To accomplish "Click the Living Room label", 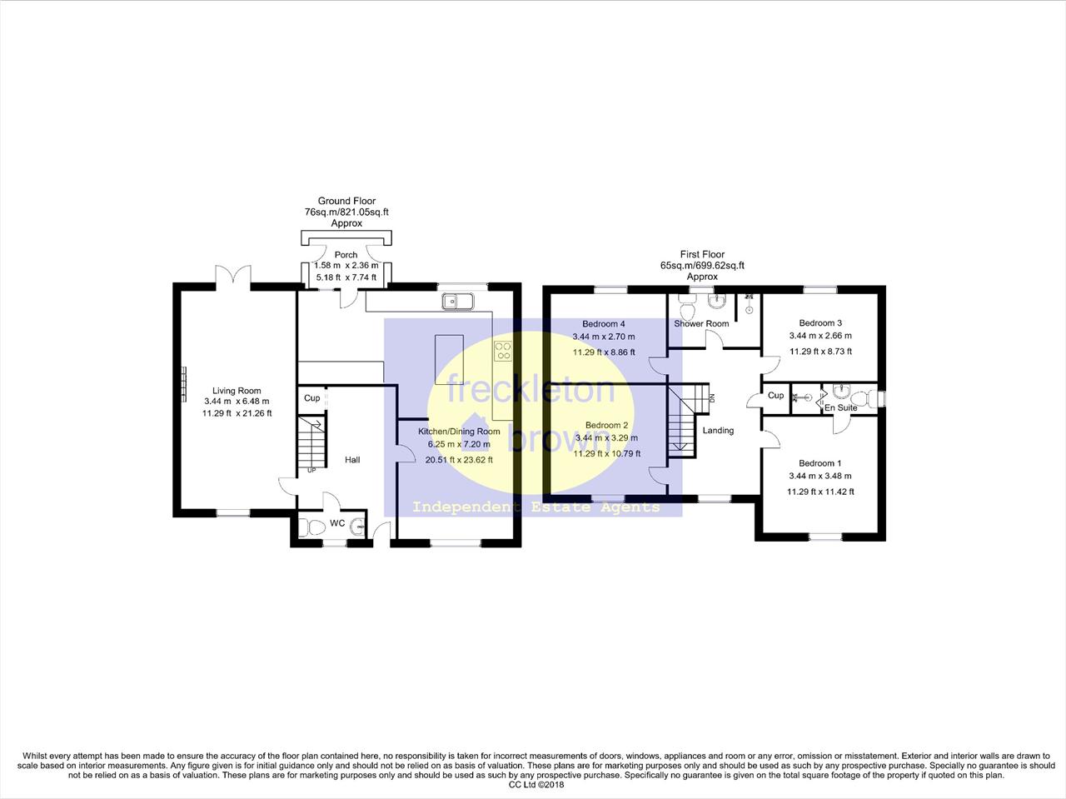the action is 237,391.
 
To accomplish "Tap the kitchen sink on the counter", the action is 457,302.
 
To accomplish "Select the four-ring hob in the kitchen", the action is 503,351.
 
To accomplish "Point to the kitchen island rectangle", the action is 449,359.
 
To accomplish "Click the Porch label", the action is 346,254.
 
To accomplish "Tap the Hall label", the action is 352,459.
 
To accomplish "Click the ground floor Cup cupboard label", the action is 311,398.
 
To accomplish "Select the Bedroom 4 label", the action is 604,324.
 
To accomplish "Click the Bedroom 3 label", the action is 821,323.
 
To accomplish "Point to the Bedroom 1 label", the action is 820,463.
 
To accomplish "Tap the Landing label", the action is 718,431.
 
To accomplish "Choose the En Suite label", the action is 840,408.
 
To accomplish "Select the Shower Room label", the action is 701,323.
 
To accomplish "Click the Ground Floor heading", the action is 346,201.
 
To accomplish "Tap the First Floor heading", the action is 702,254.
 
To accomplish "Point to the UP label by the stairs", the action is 311,470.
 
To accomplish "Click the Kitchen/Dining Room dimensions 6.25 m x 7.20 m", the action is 459,444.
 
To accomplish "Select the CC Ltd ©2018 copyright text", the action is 536,784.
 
